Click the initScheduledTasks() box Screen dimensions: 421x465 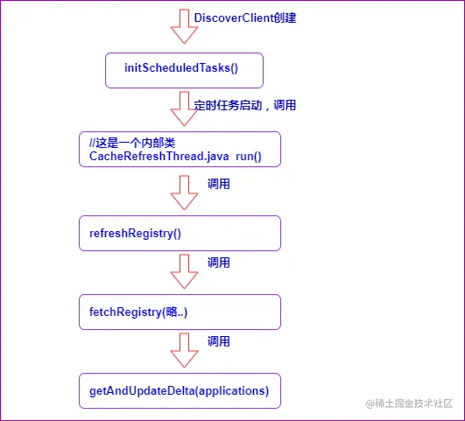pos(184,70)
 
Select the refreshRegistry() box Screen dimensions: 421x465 pos(180,233)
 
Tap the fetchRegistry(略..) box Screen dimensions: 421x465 pos(180,312)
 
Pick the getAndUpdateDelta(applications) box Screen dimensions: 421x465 pos(180,390)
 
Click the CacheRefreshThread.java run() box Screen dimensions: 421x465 pos(180,150)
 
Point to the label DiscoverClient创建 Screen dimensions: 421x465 pos(244,18)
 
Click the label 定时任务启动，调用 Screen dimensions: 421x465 pos(245,106)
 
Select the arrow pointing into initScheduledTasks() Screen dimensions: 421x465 pos(184,26)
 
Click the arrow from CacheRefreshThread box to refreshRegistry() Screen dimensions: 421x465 pos(184,192)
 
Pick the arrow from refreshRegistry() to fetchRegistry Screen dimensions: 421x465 pos(184,270)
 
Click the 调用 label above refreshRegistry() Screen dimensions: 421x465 pos(219,185)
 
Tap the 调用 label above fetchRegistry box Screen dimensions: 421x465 pos(219,263)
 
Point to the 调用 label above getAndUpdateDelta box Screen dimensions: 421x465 pos(219,341)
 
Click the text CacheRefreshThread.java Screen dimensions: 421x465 pos(159,157)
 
